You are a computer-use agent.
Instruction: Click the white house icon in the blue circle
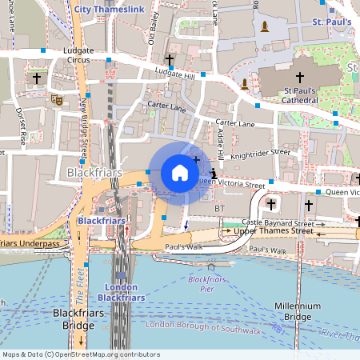click(x=179, y=172)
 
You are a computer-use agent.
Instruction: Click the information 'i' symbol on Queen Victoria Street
click(x=213, y=173)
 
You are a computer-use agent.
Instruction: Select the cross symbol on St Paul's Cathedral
click(x=300, y=78)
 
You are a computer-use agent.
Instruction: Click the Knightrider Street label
click(x=259, y=151)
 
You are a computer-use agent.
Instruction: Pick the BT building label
click(x=221, y=208)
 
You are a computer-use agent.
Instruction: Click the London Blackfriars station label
click(x=121, y=292)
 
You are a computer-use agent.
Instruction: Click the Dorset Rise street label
click(x=22, y=125)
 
